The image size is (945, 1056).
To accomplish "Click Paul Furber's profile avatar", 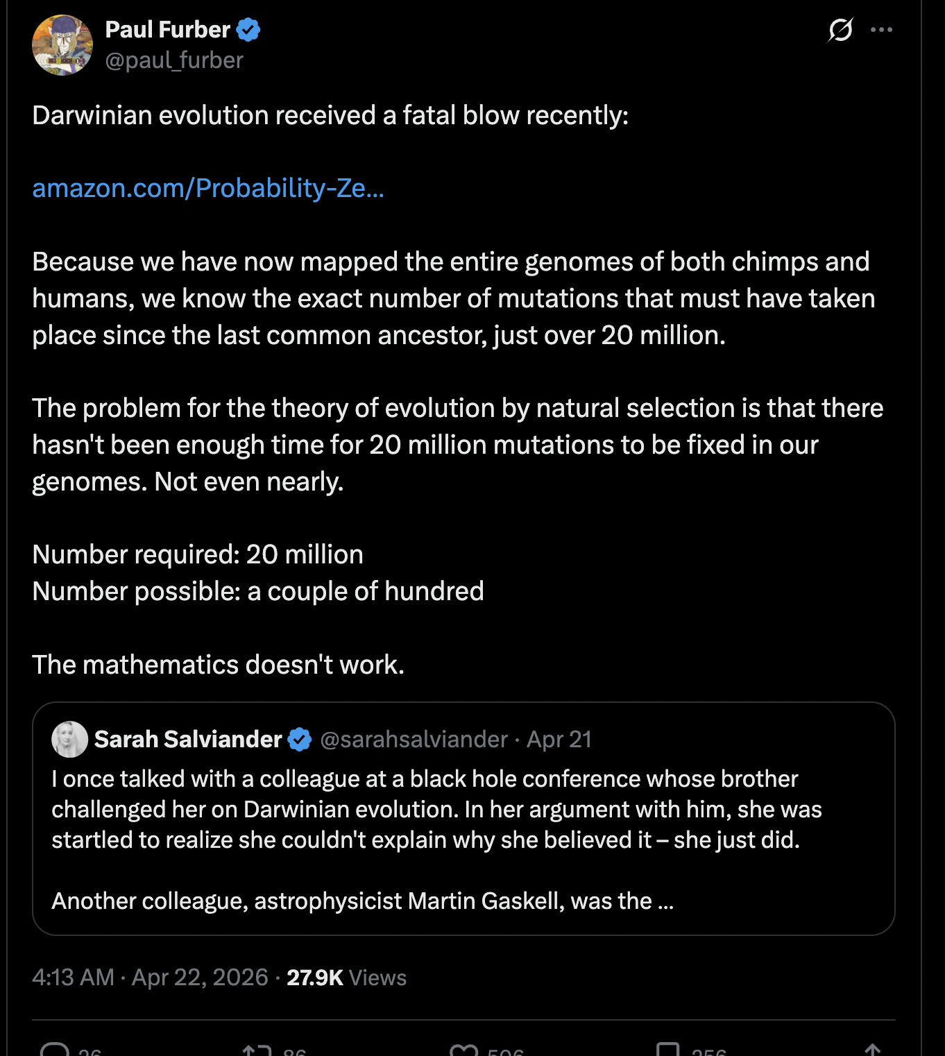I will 62,45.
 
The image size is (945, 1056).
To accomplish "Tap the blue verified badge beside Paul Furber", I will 248,30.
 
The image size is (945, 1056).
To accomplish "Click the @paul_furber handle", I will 174,61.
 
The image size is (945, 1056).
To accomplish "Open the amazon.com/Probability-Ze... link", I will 207,188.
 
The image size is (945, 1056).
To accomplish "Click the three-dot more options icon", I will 881,30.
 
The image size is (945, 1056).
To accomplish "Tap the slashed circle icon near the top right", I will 840,30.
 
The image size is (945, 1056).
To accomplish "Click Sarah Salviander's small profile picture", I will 69,739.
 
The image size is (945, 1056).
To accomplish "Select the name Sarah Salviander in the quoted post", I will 188,740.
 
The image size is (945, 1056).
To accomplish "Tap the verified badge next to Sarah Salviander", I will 300,740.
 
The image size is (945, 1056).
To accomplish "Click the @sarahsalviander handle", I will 414,740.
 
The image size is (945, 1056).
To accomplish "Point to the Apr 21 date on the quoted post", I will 559,740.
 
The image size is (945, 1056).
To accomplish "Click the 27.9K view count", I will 315,978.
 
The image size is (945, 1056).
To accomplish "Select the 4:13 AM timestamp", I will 73,978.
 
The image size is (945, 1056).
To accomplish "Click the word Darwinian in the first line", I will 92,115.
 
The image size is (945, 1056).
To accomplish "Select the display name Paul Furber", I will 167,30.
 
